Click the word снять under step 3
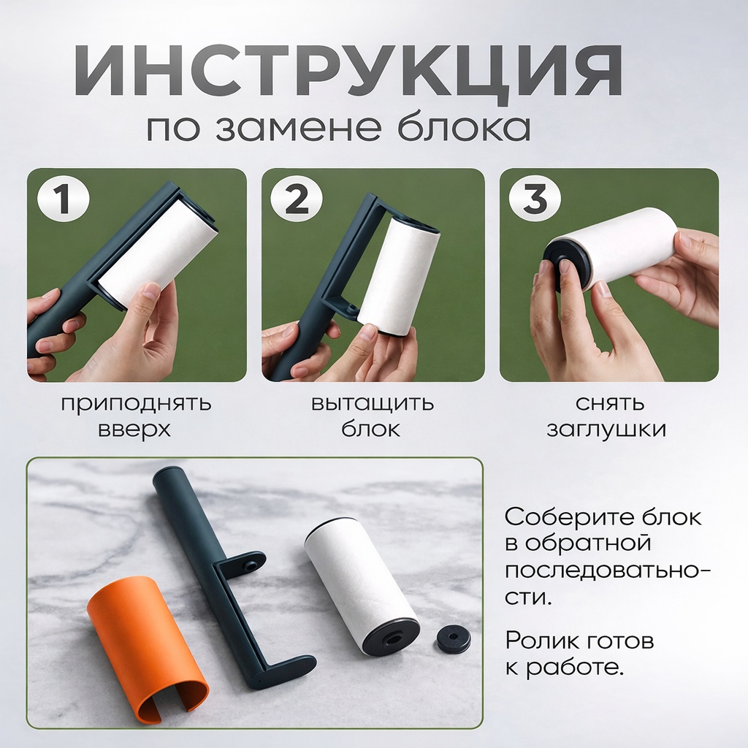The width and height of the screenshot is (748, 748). pos(610,403)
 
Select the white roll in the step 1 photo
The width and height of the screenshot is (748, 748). pos(159,252)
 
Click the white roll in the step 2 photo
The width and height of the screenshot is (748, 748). pos(398,277)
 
